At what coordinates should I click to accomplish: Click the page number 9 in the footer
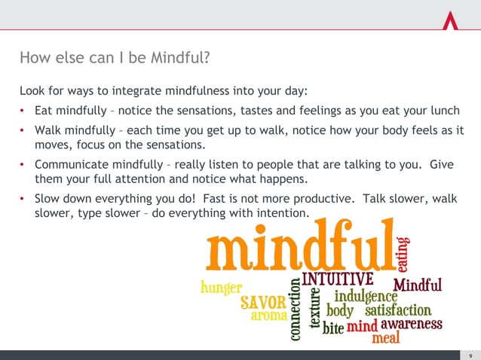tap(470, 355)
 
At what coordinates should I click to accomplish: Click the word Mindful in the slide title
tap(177, 58)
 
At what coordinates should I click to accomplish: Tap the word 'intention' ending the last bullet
tap(283, 215)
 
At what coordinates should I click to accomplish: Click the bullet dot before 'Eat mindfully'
tap(24, 113)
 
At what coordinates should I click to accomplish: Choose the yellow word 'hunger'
tap(221, 288)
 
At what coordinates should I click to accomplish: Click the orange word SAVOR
tap(263, 303)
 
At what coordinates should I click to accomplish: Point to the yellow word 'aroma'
tap(269, 316)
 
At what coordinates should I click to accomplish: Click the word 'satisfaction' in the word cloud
tap(398, 310)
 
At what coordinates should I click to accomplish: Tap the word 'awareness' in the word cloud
tap(411, 325)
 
